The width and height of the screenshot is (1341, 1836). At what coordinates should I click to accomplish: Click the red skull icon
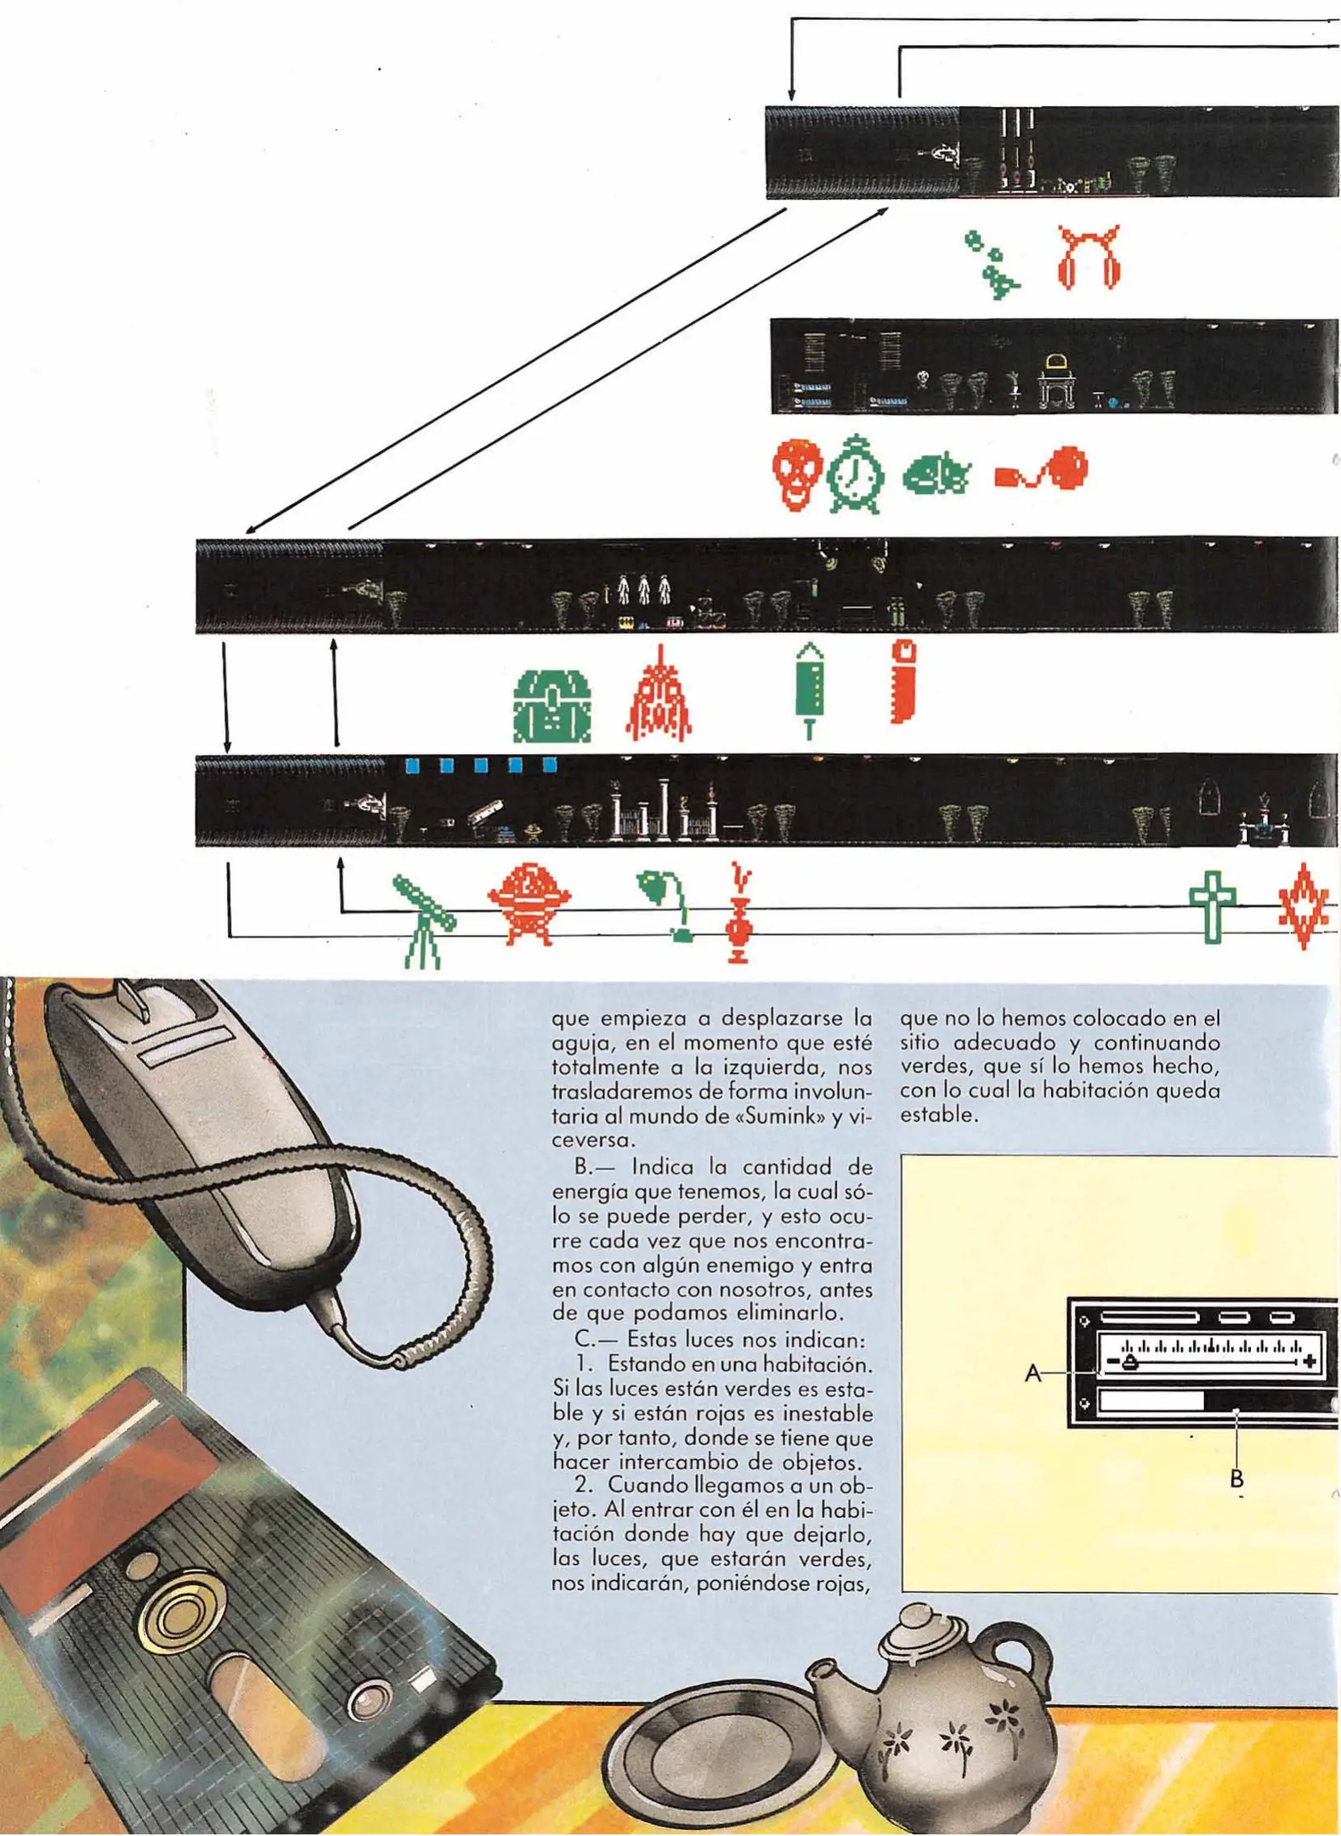796,473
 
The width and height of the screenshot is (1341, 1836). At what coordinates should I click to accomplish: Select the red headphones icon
1089,258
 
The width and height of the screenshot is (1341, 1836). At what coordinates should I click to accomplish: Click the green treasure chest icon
552,705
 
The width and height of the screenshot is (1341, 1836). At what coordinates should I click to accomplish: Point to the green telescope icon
422,922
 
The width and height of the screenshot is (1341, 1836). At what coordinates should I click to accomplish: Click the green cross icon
1212,906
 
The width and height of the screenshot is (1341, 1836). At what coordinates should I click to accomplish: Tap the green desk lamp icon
667,904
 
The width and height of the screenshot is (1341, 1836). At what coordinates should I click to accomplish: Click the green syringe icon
810,689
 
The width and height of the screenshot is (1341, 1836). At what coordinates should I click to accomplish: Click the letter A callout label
1033,1373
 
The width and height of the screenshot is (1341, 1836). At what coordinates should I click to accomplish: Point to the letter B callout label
1236,1479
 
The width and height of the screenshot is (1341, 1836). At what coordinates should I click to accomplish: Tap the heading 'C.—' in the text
591,1339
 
